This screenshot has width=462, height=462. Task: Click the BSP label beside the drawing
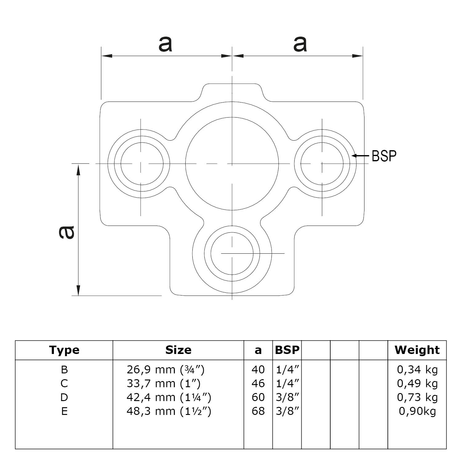tap(384, 156)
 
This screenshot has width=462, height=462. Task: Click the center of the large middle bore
tap(232, 164)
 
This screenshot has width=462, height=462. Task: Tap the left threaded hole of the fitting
tap(142, 164)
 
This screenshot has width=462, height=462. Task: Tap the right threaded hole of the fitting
tap(322, 164)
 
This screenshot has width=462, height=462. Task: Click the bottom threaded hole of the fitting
tap(232, 254)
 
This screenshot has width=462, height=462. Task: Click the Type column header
tap(64, 350)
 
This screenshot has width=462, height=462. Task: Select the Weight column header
tap(417, 350)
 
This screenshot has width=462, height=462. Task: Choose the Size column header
tap(178, 350)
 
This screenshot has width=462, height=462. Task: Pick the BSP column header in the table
tap(287, 350)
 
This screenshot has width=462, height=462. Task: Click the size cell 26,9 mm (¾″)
tap(166, 369)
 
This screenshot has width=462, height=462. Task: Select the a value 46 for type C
tap(258, 384)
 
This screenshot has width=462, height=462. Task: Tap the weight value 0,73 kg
tap(417, 397)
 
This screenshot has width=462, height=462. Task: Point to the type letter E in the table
tap(64, 411)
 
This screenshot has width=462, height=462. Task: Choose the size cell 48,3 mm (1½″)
tap(169, 411)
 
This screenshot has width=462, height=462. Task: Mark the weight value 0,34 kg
tap(417, 369)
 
